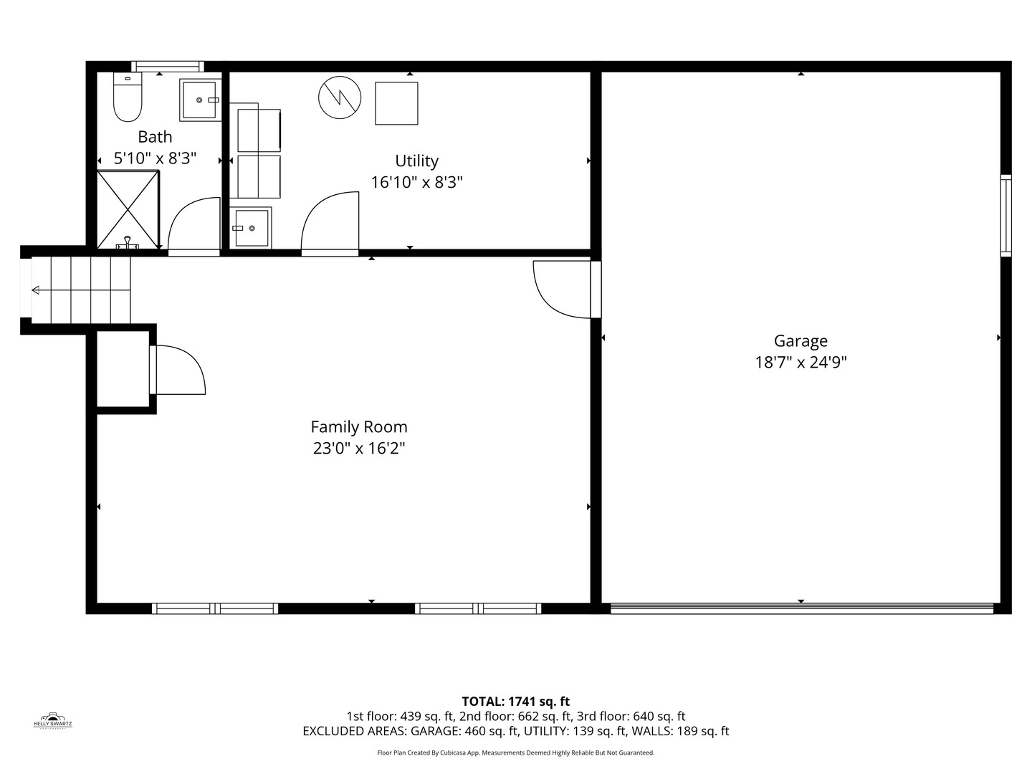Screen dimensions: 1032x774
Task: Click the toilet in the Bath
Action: click(128, 97)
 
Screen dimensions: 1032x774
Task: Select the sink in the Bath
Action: click(200, 100)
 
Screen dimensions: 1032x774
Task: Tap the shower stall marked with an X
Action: click(128, 209)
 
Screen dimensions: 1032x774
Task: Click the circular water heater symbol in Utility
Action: click(340, 97)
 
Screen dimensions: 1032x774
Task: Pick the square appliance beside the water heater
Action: click(396, 103)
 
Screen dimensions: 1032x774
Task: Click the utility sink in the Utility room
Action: click(251, 228)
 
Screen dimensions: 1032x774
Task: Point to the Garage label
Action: click(801, 340)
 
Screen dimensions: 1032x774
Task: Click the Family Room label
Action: click(359, 426)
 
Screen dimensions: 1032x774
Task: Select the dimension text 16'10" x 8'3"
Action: click(416, 182)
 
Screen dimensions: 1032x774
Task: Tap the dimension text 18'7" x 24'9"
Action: click(801, 363)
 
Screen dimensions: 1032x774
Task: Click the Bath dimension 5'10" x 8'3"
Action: click(155, 158)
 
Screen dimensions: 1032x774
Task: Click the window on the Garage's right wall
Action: click(1005, 216)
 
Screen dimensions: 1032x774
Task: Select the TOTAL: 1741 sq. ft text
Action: click(516, 701)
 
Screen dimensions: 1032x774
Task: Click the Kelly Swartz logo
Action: click(52, 720)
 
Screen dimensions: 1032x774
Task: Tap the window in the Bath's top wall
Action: click(168, 66)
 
